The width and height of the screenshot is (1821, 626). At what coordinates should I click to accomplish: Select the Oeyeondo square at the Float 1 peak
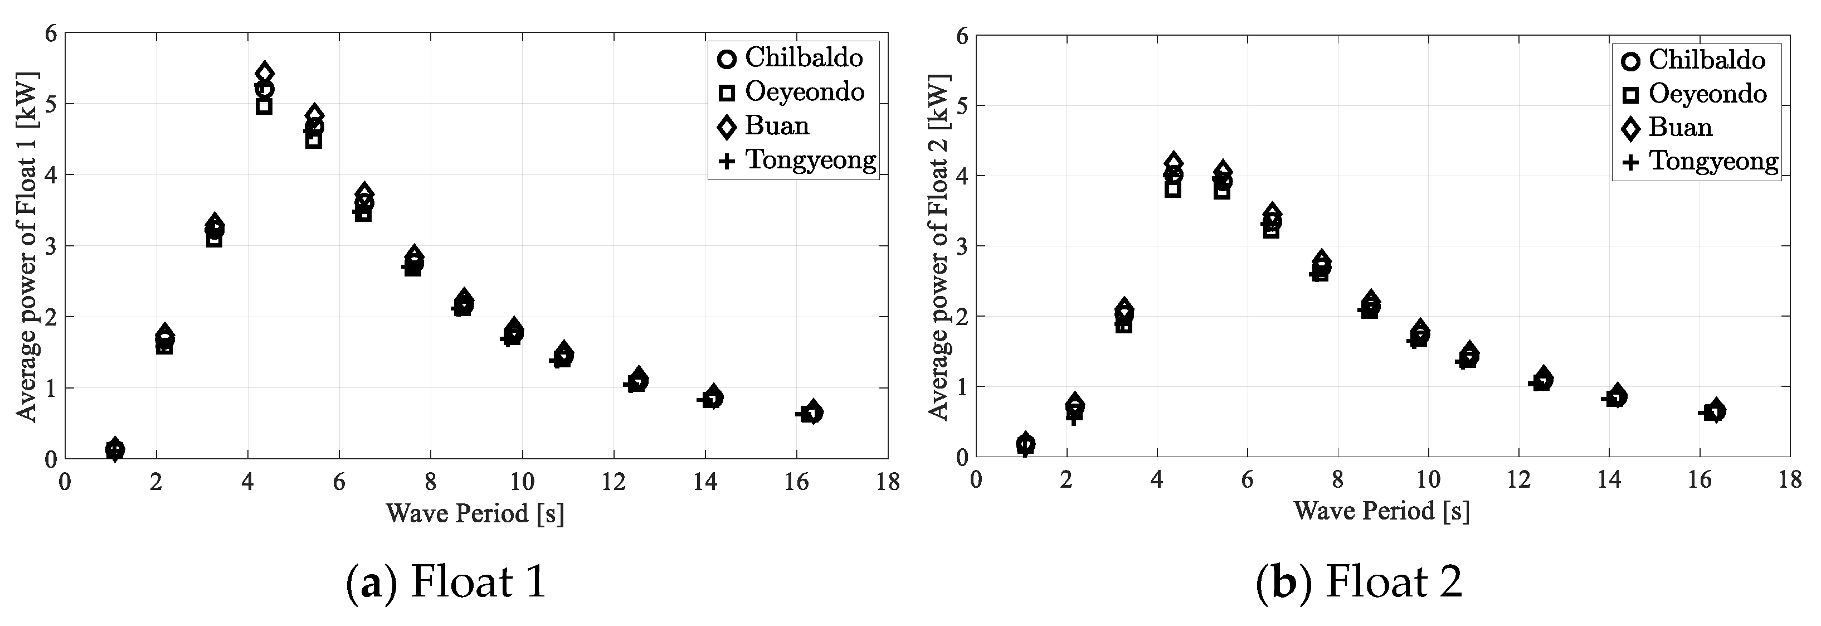pyautogui.click(x=264, y=106)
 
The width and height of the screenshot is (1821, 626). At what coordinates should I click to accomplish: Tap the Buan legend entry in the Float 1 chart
pyautogui.click(x=776, y=126)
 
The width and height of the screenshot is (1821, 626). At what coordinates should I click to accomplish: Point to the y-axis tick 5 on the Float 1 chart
pyautogui.click(x=50, y=104)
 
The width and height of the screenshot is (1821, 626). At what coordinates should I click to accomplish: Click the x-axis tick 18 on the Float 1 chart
pyautogui.click(x=888, y=482)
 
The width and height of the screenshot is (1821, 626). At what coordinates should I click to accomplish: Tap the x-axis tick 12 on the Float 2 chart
pyautogui.click(x=1518, y=481)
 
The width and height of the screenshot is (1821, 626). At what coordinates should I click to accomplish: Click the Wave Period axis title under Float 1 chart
pyautogui.click(x=475, y=513)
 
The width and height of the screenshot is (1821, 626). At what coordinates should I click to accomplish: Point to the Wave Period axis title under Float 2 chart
pyautogui.click(x=1381, y=511)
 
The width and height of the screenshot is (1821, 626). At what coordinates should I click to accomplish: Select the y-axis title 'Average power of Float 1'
pyautogui.click(x=27, y=246)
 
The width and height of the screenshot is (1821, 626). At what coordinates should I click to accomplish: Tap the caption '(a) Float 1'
pyautogui.click(x=446, y=582)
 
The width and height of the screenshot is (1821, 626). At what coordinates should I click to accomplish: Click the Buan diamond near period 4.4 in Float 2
pyautogui.click(x=1174, y=162)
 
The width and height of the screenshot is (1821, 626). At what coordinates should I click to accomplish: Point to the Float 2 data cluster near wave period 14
pyautogui.click(x=1616, y=397)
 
